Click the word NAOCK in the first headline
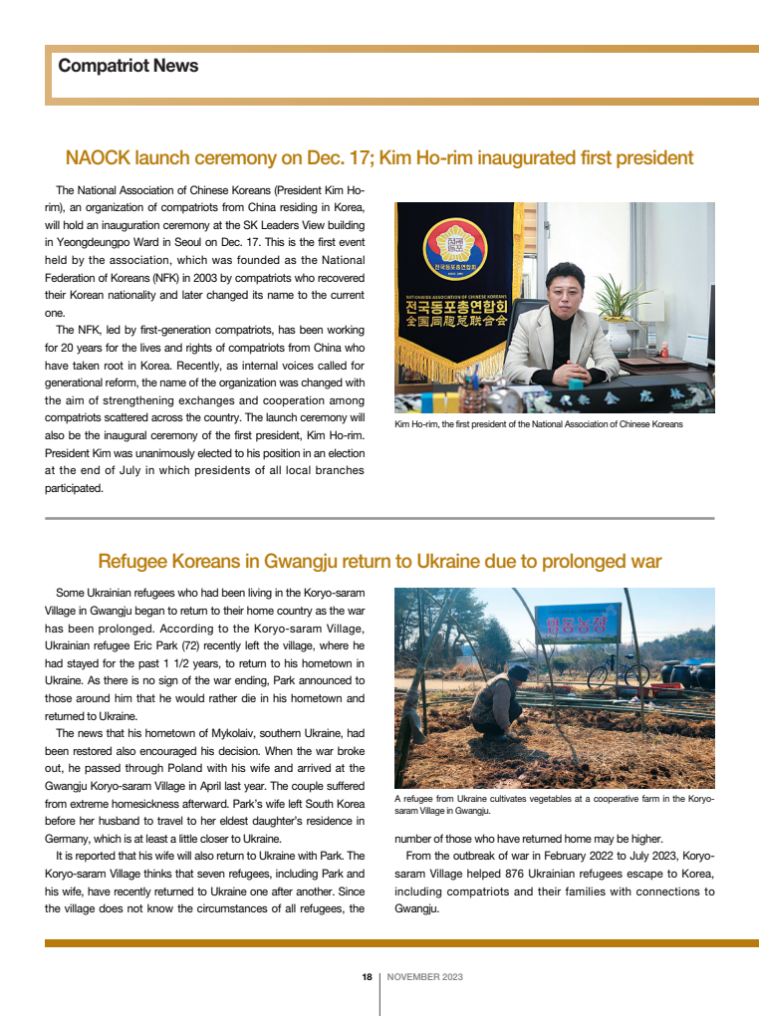click(97, 158)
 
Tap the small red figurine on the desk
click(663, 351)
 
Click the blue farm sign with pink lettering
click(578, 623)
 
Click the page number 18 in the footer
click(367, 977)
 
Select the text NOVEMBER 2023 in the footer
click(424, 977)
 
